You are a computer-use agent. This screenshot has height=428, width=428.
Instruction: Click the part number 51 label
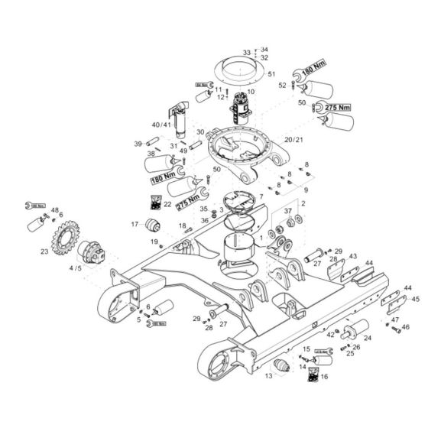(x=271, y=74)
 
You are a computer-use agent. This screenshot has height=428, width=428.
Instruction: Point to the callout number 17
(x=134, y=224)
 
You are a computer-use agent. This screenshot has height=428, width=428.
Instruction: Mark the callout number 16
(x=323, y=376)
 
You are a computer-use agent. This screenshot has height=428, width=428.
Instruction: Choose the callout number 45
(x=416, y=299)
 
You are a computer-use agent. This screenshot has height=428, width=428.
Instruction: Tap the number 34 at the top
(x=264, y=48)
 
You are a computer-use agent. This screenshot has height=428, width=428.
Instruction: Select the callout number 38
(x=150, y=154)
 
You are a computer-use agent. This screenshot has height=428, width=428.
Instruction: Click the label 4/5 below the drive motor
(x=76, y=268)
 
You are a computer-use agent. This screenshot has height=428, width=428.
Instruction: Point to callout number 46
(x=406, y=326)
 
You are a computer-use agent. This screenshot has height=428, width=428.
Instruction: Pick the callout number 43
(x=352, y=256)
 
